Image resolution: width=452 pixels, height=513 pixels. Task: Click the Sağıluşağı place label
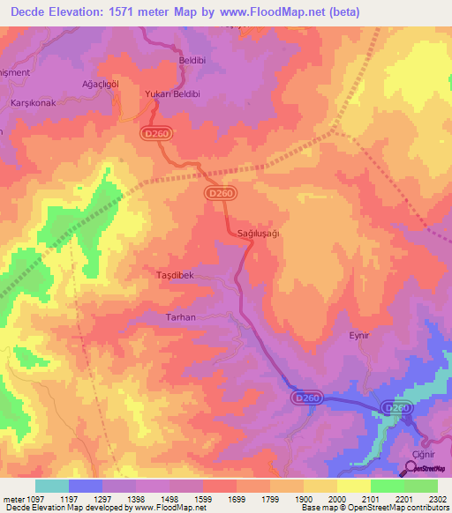tap(260, 233)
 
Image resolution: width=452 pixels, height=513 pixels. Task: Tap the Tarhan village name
tap(181, 316)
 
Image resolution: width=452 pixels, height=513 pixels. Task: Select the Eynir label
tap(358, 336)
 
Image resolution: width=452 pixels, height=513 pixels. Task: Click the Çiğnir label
tap(414, 451)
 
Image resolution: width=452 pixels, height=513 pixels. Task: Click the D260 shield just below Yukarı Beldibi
tap(154, 131)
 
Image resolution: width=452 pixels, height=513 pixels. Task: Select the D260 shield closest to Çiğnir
tap(397, 408)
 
